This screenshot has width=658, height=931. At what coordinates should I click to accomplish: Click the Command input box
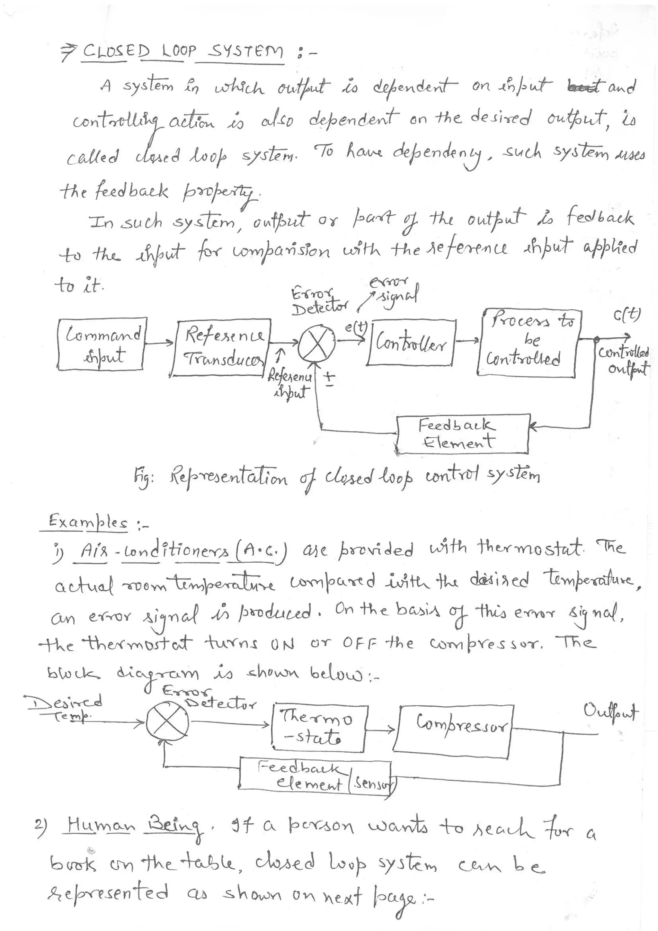101,344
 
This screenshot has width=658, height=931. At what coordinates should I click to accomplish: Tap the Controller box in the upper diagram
412,343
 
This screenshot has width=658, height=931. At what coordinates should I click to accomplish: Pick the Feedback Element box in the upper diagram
462,434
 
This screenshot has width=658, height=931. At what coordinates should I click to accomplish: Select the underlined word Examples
87,521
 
